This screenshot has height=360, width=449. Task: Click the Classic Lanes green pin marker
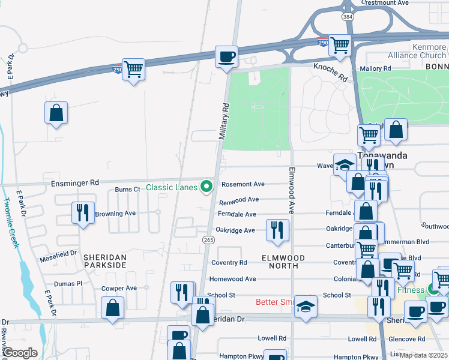[x=208, y=187]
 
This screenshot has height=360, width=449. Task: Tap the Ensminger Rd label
[x=74, y=182]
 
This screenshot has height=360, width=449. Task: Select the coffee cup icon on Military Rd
[x=226, y=57]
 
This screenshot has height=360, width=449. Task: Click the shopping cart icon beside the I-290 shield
[x=133, y=69]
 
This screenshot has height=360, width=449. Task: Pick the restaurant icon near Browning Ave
[x=83, y=212]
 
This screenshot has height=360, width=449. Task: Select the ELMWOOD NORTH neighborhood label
[x=283, y=258]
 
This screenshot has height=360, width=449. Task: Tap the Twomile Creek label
[x=10, y=221]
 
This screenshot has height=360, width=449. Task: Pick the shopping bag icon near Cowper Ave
[x=113, y=308]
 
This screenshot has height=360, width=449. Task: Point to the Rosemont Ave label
[x=243, y=185]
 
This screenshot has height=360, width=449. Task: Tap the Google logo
[x=20, y=353]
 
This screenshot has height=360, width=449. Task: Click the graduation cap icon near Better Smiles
[x=306, y=307]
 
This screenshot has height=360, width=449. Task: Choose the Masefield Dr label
[x=59, y=257]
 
